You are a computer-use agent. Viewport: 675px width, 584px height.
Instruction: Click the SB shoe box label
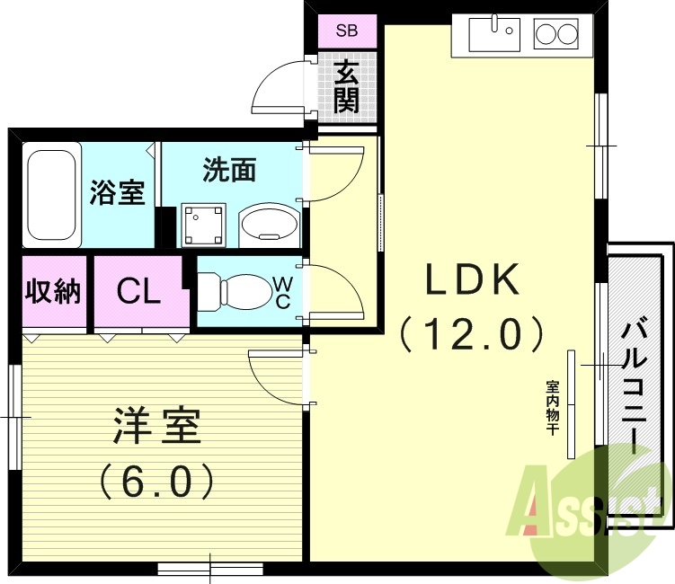pos(346,31)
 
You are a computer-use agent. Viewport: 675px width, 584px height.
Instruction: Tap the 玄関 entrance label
pos(346,86)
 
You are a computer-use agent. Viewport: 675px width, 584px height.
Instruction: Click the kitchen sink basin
pos(493,37)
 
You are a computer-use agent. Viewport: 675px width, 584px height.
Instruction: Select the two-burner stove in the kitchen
pos(556,36)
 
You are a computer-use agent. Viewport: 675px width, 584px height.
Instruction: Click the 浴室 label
pos(118,192)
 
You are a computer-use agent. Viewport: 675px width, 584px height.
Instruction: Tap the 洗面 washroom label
pos(229,170)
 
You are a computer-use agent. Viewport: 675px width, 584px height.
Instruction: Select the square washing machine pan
pos(203,224)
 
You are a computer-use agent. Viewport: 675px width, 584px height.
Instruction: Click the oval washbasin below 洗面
pos(268,224)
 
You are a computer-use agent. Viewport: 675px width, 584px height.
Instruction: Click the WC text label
pos(282,293)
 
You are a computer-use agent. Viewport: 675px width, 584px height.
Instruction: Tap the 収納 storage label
pos(53,291)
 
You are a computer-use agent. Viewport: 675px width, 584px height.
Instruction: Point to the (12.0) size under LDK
pos(472,334)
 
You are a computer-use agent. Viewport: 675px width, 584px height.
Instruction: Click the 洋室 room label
pos(156,428)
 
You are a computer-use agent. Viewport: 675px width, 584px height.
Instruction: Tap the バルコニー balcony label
pos(635,386)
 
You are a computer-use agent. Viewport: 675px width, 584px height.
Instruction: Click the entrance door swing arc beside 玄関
pos(279,85)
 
